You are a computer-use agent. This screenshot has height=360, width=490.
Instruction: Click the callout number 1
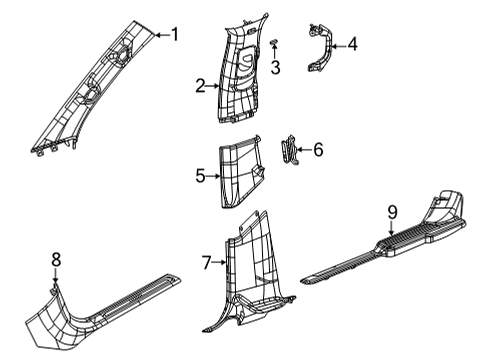175,35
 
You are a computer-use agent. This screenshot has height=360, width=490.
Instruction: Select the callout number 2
200,87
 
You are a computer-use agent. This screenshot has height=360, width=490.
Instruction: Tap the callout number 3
275,67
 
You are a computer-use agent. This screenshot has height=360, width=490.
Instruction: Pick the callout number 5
200,177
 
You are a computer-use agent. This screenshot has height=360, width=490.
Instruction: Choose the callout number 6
318,150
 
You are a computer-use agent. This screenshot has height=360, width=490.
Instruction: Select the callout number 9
392,239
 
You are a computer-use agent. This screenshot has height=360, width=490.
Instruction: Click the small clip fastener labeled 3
273,42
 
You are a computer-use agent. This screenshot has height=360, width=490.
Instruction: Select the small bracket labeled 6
291,153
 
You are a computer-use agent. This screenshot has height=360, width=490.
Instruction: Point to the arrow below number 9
392,254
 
